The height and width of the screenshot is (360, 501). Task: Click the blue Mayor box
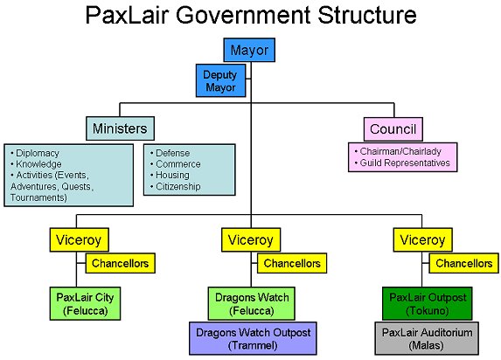click(x=249, y=50)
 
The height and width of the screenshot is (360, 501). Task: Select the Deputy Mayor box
click(x=221, y=80)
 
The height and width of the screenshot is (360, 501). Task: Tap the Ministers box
click(x=120, y=128)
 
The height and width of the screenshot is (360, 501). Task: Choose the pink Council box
click(x=393, y=129)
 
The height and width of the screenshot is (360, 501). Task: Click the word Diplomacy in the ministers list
click(x=38, y=153)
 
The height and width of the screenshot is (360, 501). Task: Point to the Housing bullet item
click(x=170, y=175)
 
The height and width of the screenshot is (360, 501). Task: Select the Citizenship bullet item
click(x=176, y=186)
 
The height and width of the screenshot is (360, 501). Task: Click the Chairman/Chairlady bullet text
click(x=398, y=151)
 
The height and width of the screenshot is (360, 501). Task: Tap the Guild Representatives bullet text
click(x=402, y=163)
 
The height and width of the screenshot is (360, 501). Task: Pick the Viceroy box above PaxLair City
click(x=80, y=240)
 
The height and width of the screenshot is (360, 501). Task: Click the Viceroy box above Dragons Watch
click(x=251, y=240)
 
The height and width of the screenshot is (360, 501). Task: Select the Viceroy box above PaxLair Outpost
click(x=423, y=240)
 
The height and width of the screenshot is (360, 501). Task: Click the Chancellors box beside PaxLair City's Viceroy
click(x=121, y=263)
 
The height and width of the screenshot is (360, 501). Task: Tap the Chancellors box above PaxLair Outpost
click(x=464, y=263)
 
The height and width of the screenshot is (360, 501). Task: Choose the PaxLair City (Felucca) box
click(x=86, y=304)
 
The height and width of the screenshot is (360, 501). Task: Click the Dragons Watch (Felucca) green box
click(x=252, y=304)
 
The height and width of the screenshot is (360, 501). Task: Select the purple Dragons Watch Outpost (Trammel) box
click(x=253, y=339)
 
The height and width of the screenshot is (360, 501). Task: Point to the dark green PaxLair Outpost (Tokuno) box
click(x=428, y=304)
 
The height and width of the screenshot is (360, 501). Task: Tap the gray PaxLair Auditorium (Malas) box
click(x=427, y=339)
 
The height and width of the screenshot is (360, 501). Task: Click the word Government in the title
click(x=243, y=15)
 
